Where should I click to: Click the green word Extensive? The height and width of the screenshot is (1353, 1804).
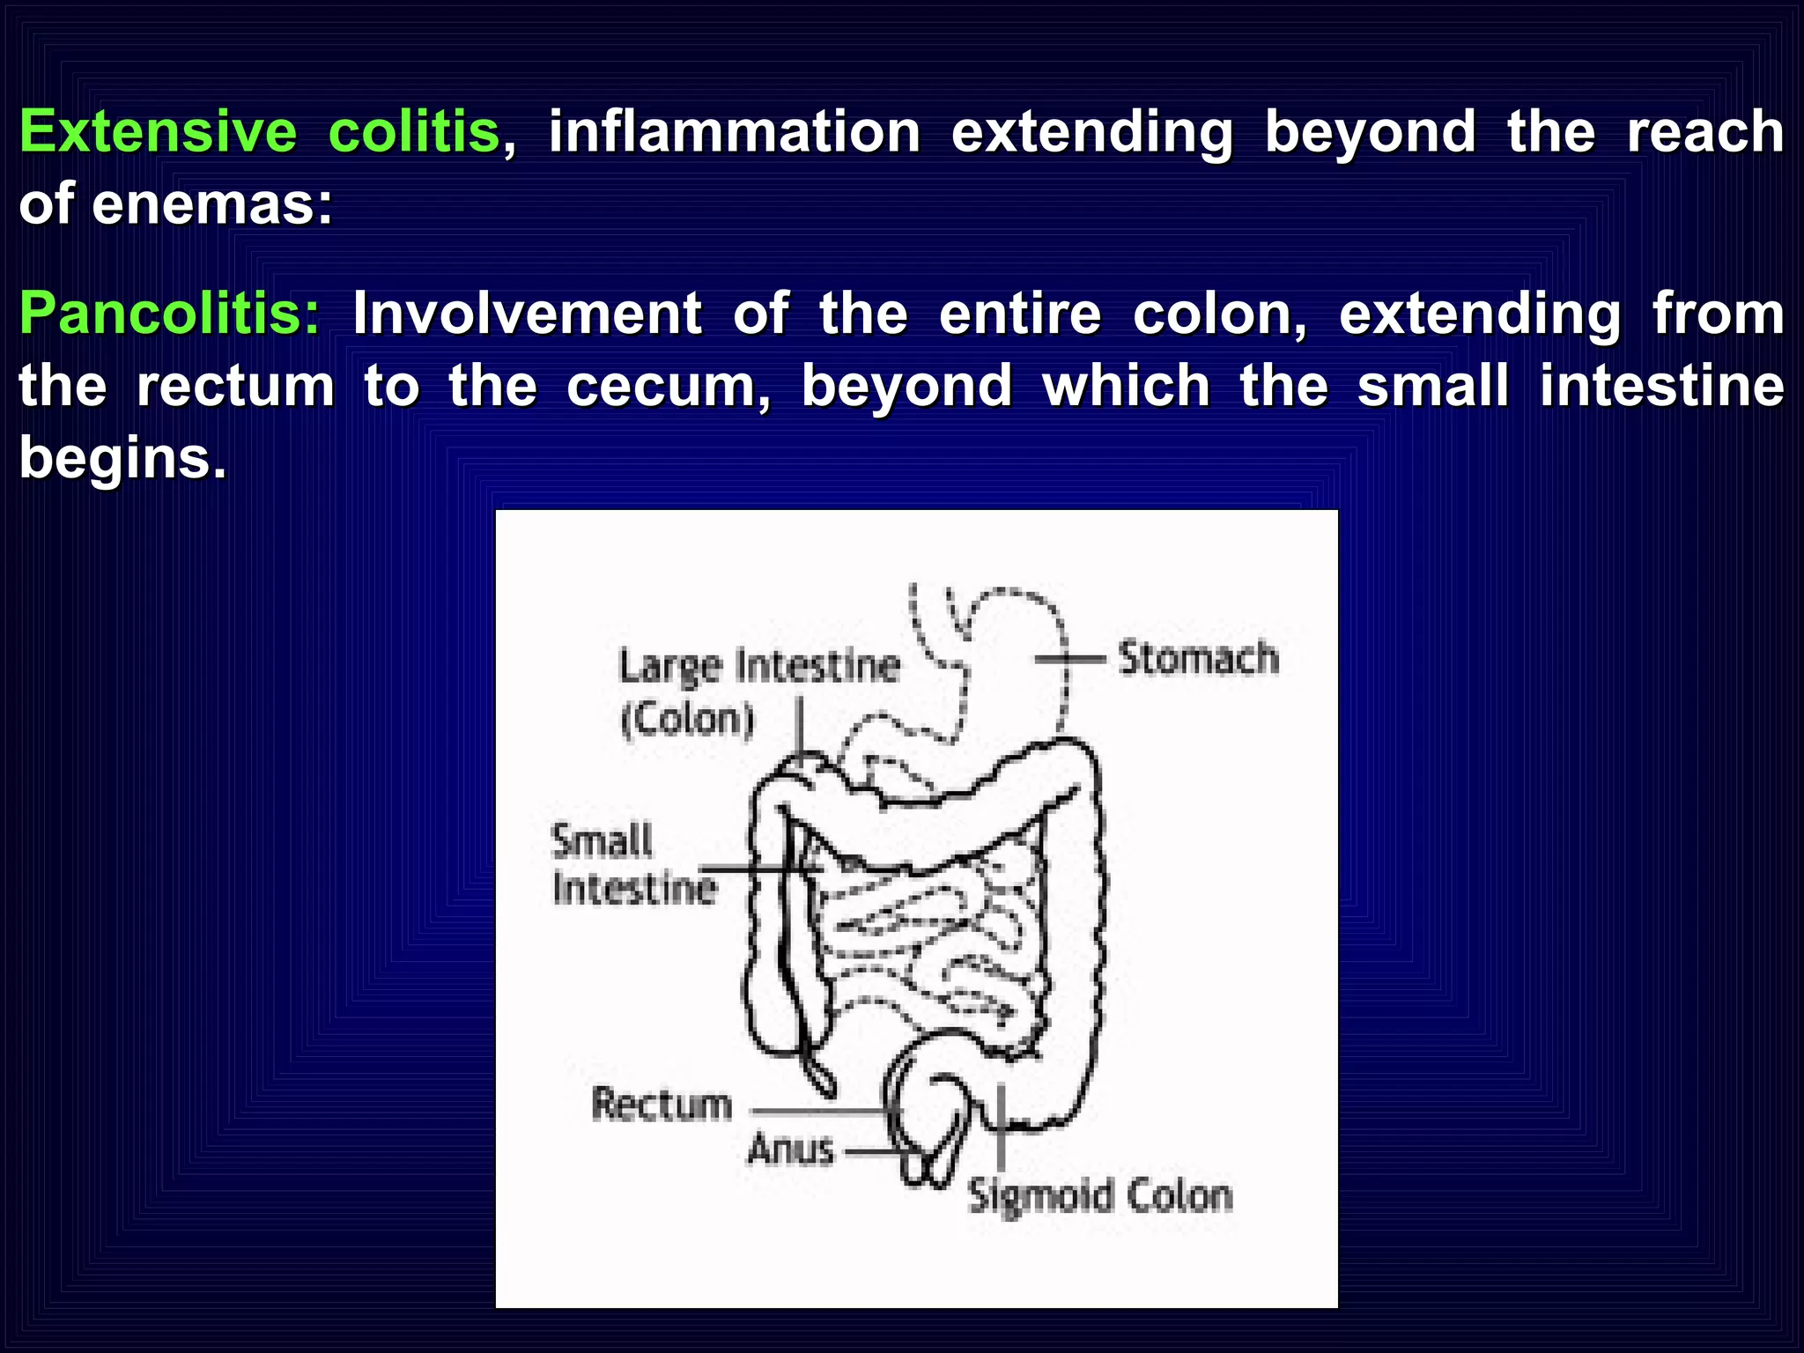coord(159,132)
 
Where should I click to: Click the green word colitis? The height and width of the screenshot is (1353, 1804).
coord(414,132)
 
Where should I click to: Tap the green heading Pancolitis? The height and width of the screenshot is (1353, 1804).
coord(170,314)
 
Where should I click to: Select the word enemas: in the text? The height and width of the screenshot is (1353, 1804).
coord(212,204)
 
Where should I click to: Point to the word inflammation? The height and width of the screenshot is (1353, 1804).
coord(735,132)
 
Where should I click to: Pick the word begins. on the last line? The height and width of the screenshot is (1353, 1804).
coord(122,458)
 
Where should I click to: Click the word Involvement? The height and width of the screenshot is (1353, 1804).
coord(527,314)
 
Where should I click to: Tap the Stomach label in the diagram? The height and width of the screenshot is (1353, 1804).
coord(1198,659)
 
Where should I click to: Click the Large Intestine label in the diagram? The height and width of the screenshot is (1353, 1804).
coord(759,667)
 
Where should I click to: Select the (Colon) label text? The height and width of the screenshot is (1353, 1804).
coord(688,720)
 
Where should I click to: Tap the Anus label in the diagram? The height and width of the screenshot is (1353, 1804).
coord(791,1150)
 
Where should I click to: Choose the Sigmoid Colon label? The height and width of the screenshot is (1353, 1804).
coord(1100,1196)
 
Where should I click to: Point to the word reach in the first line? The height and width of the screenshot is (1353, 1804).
coord(1704,132)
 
